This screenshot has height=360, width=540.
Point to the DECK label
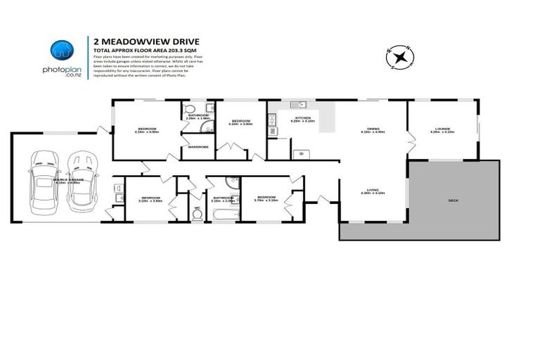[x=453, y=200]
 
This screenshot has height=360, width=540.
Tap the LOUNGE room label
[x=442, y=129]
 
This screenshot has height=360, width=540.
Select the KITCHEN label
[x=302, y=119]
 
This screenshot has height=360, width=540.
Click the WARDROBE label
[x=198, y=147]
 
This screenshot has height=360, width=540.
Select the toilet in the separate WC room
[x=198, y=211]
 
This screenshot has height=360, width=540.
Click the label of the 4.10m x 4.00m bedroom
[x=147, y=129]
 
